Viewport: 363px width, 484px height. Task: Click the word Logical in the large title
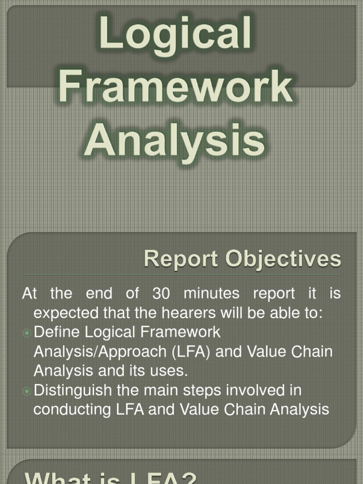[175, 37]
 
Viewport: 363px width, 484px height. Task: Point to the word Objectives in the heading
[283, 259]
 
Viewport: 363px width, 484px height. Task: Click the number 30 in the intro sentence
[163, 294]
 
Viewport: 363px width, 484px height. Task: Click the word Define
[57, 332]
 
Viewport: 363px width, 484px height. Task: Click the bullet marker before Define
[27, 333]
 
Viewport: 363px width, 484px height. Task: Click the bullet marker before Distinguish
[27, 391]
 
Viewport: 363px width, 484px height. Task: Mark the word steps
[219, 390]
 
